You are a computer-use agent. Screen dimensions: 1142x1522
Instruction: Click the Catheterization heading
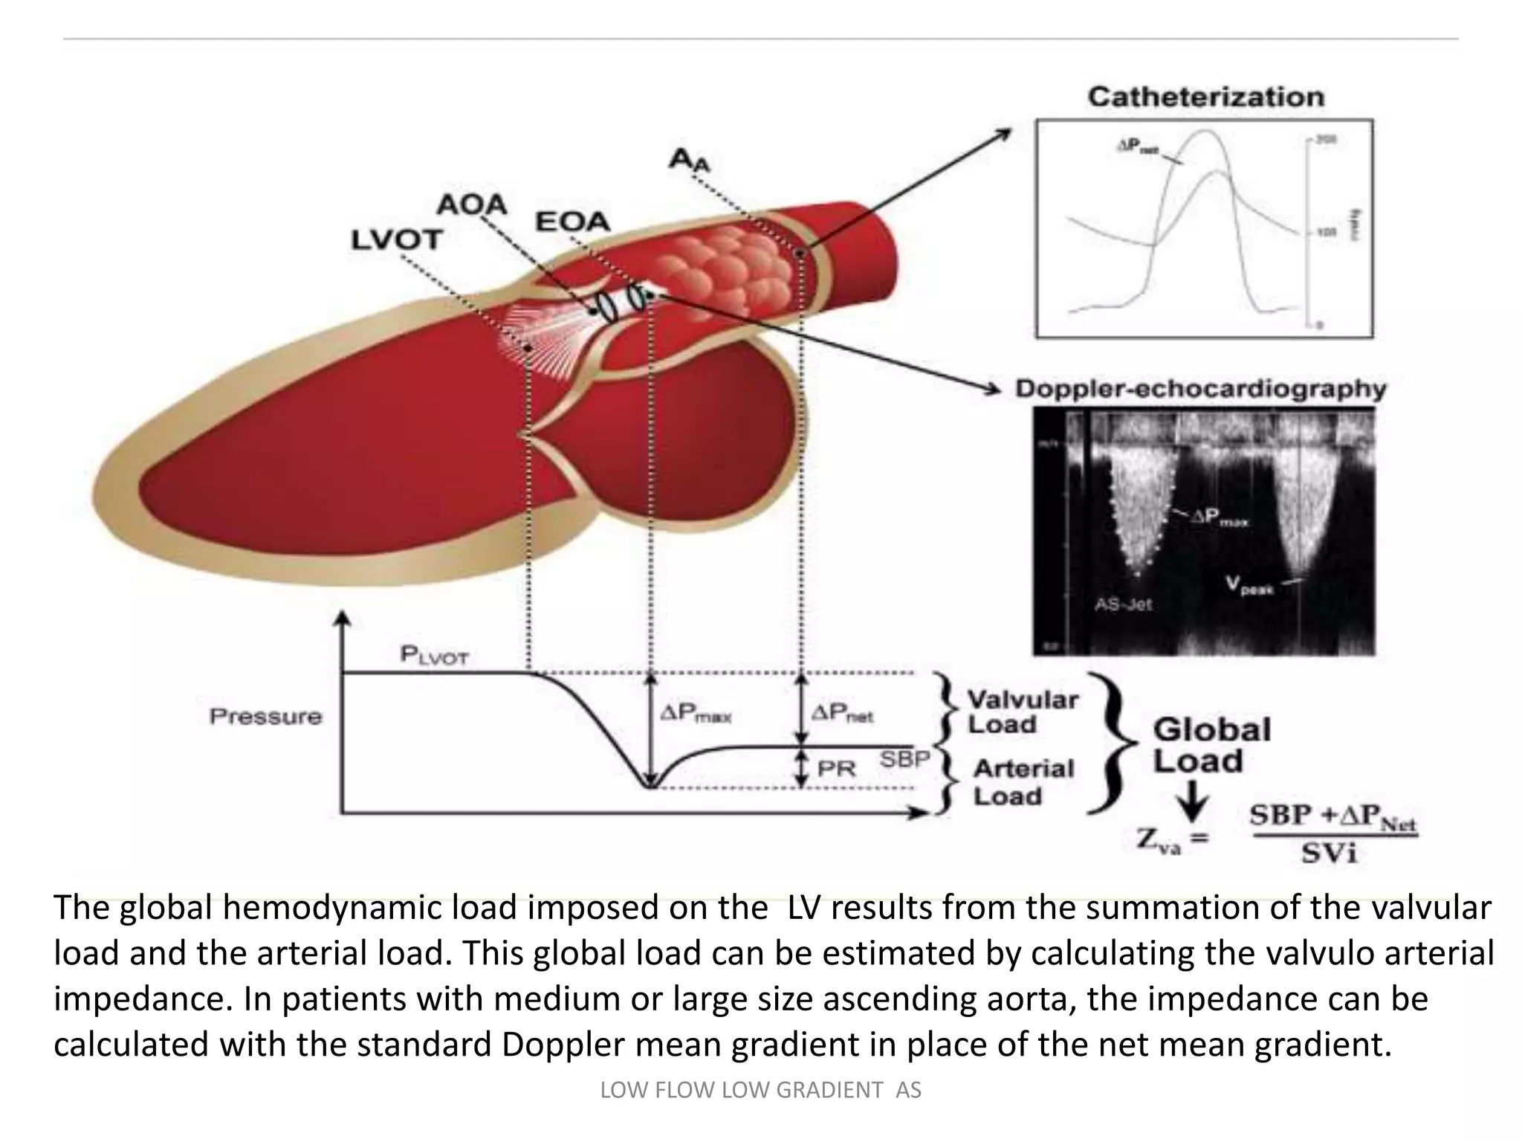(x=1205, y=97)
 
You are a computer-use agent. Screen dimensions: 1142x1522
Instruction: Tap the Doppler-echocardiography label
(x=1200, y=389)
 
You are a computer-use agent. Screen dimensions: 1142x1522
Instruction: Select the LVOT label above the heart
(x=396, y=239)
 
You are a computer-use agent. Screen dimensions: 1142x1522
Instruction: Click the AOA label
(x=471, y=204)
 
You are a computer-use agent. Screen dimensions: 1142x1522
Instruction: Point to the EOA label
(x=572, y=221)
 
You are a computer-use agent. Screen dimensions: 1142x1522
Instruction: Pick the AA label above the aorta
(x=689, y=160)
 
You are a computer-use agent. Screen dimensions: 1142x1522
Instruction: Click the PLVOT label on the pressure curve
(x=434, y=655)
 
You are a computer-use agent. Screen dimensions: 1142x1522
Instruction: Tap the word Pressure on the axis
(x=265, y=717)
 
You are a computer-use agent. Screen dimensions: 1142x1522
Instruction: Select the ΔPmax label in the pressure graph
(x=696, y=714)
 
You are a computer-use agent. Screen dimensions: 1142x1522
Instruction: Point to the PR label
(x=836, y=769)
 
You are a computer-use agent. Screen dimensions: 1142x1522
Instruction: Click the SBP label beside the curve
(x=904, y=760)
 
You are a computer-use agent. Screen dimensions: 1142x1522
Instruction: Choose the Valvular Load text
(x=1021, y=712)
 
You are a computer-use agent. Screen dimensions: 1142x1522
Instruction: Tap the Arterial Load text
(x=1023, y=782)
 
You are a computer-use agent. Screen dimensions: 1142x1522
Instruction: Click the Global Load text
(x=1211, y=745)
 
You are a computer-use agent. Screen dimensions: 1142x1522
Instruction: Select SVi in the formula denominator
(x=1329, y=854)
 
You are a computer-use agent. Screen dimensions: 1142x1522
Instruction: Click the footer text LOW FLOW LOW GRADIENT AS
(x=760, y=1090)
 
